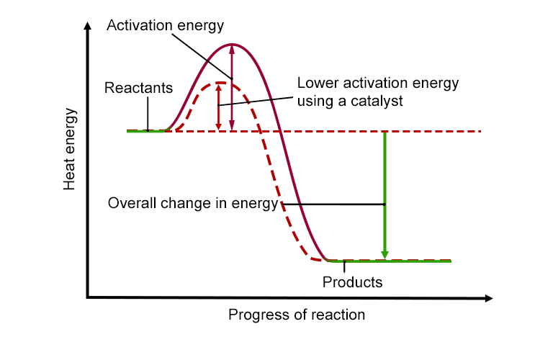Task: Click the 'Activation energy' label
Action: tap(166, 26)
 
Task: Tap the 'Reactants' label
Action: tap(138, 88)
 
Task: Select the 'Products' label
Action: tap(352, 282)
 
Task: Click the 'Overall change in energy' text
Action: tap(193, 203)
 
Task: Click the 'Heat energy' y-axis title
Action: tap(69, 149)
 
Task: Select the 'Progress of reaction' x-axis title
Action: tap(297, 315)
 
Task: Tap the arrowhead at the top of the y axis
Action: tap(88, 26)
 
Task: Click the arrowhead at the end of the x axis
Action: tap(489, 298)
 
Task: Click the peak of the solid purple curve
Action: tap(232, 45)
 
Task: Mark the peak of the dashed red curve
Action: tap(220, 83)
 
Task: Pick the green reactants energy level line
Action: tap(148, 131)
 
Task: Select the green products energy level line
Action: tap(389, 261)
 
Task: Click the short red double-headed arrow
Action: tap(218, 107)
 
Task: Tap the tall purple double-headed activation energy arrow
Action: tap(232, 88)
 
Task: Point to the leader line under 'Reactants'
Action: tap(148, 114)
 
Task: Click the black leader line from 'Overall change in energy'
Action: tap(333, 204)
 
